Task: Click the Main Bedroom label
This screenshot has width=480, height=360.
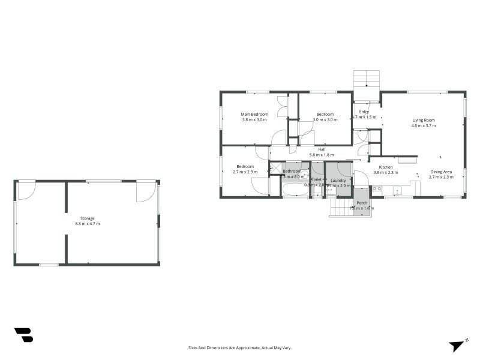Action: [254, 114]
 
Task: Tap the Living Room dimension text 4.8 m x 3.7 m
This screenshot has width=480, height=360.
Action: [423, 125]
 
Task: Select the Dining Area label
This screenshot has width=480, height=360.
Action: [440, 172]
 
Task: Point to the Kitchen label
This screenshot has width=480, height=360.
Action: [386, 167]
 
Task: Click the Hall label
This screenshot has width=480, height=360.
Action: [322, 149]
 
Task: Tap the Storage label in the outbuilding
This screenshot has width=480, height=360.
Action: [88, 218]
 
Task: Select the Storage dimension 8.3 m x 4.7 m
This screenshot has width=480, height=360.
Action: [88, 223]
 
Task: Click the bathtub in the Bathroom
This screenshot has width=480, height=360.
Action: [295, 190]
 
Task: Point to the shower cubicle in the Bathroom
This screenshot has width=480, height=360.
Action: [276, 169]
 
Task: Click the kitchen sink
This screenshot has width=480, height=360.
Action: [397, 191]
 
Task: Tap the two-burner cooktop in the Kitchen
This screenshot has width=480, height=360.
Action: [377, 189]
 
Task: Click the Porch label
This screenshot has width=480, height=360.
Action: [362, 203]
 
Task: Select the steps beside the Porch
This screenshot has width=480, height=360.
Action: [341, 208]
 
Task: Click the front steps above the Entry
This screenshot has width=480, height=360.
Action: [367, 80]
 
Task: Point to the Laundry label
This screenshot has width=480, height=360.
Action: [338, 180]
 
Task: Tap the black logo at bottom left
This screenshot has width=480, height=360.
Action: [23, 335]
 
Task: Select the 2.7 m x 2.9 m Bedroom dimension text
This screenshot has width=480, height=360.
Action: [245, 172]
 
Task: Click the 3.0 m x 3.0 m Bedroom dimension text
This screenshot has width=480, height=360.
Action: [325, 119]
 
